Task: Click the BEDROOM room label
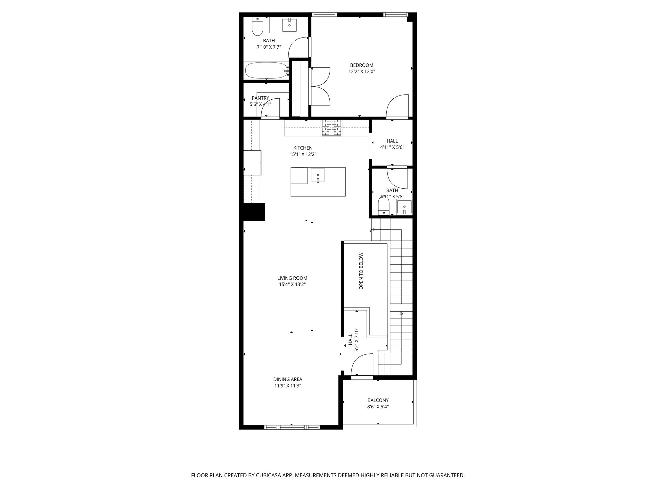(361, 65)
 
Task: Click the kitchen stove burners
(332, 127)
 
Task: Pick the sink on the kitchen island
(318, 175)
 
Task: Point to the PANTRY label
(260, 98)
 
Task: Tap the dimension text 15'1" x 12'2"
(303, 154)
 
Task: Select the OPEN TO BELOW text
(361, 271)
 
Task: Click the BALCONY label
(378, 400)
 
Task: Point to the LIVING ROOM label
(292, 278)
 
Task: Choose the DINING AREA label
(288, 379)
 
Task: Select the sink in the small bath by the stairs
(404, 207)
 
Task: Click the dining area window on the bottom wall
(292, 427)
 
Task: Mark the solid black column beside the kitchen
(254, 212)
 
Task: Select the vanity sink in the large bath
(290, 25)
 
